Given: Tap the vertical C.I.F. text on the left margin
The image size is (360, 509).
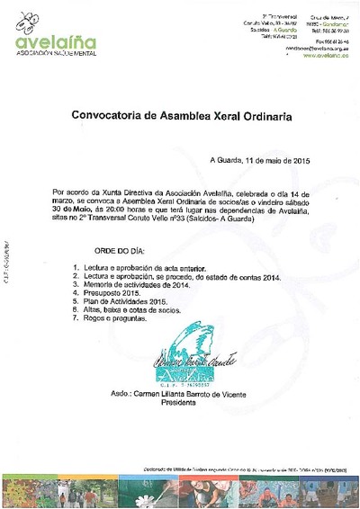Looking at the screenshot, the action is (5, 260).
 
